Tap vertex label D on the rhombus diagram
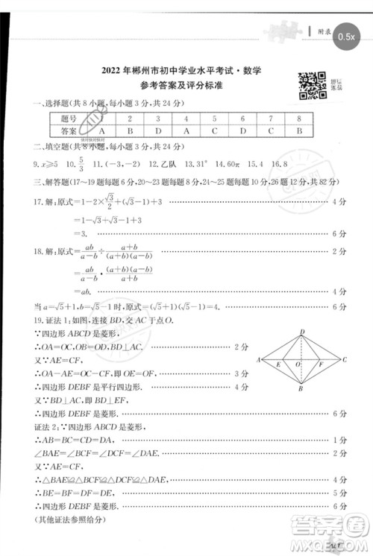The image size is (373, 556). [x=301, y=332]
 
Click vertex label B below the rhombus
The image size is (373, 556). [x=300, y=389]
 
